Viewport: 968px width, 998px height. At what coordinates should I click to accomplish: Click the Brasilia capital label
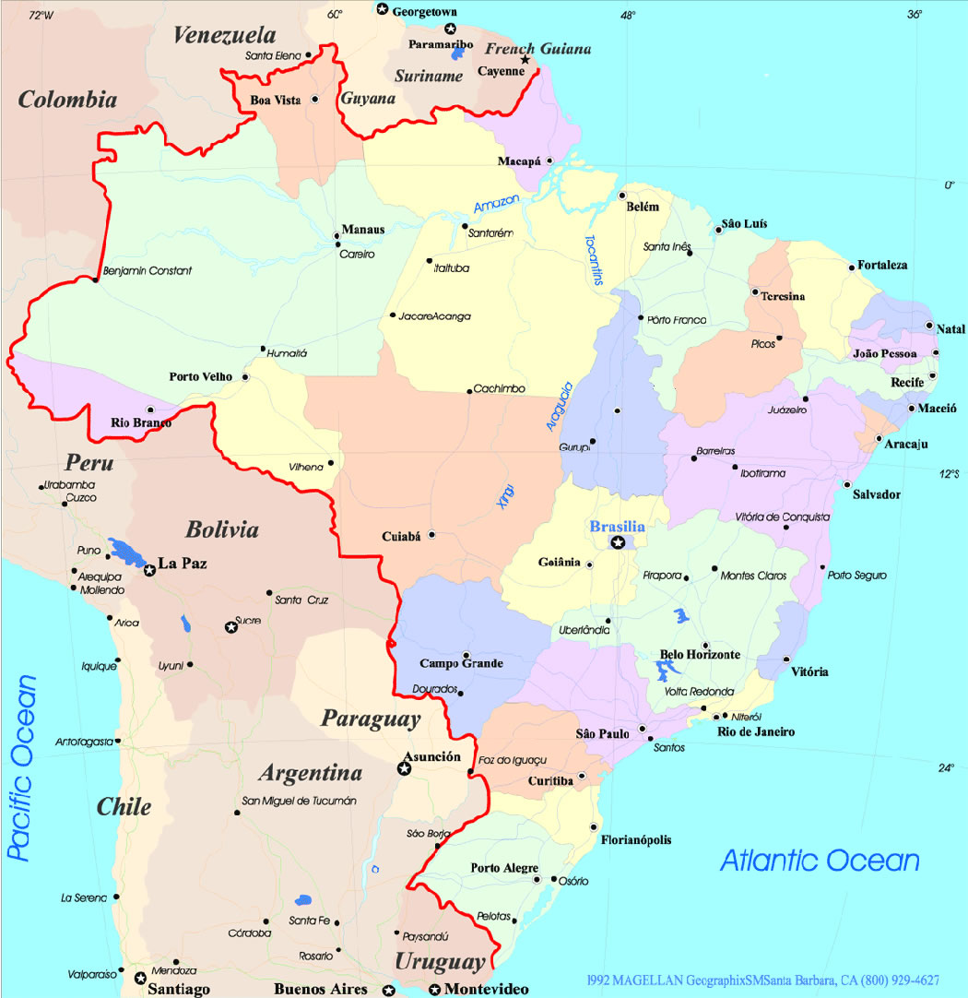(x=617, y=527)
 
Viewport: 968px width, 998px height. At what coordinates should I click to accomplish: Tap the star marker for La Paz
(x=149, y=571)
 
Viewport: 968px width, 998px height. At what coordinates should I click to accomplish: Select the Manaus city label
(x=363, y=229)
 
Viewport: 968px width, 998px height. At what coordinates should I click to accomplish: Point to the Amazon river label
(x=497, y=204)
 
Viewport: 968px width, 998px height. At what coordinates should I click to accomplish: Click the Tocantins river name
(x=592, y=260)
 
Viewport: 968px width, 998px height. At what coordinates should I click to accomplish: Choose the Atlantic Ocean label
(x=820, y=861)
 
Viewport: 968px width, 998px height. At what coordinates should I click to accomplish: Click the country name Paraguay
(x=371, y=719)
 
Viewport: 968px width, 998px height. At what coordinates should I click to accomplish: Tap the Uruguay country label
(x=440, y=962)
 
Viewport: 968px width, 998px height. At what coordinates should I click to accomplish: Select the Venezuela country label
(x=224, y=36)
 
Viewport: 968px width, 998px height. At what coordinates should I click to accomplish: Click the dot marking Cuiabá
(x=431, y=534)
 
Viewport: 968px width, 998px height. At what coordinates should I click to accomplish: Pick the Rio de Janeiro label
(x=756, y=731)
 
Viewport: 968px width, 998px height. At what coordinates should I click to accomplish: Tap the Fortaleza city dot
(x=852, y=268)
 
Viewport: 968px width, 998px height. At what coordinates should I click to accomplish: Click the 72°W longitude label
(x=41, y=15)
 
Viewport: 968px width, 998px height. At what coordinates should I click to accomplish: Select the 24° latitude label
(x=947, y=768)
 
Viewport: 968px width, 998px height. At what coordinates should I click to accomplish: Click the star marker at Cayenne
(x=525, y=61)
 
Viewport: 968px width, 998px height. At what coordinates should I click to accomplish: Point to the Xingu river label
(x=505, y=495)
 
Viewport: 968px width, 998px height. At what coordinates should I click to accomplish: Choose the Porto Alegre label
(x=504, y=868)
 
